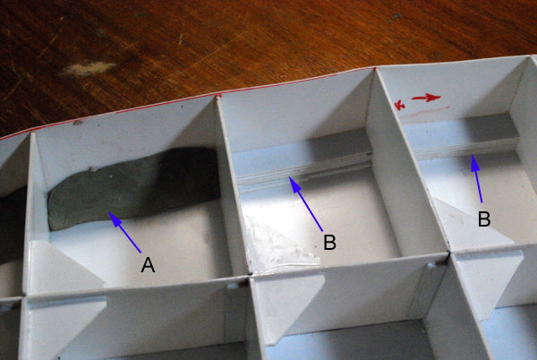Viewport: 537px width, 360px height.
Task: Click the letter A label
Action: (x=148, y=265)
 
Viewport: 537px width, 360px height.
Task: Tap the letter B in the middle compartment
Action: (x=329, y=242)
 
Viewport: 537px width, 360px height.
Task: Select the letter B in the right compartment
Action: (x=484, y=219)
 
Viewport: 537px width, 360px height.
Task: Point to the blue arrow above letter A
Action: (x=124, y=232)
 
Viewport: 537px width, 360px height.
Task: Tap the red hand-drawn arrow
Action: (x=426, y=98)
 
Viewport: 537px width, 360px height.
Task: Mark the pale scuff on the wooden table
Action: (x=89, y=68)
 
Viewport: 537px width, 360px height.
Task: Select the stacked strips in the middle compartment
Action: (x=305, y=168)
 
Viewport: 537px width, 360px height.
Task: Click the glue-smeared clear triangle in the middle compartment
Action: (x=282, y=244)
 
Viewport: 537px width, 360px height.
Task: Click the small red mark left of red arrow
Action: (x=399, y=104)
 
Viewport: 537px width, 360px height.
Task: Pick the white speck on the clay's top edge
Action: (x=92, y=168)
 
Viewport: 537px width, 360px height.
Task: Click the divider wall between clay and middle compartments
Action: (x=230, y=185)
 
